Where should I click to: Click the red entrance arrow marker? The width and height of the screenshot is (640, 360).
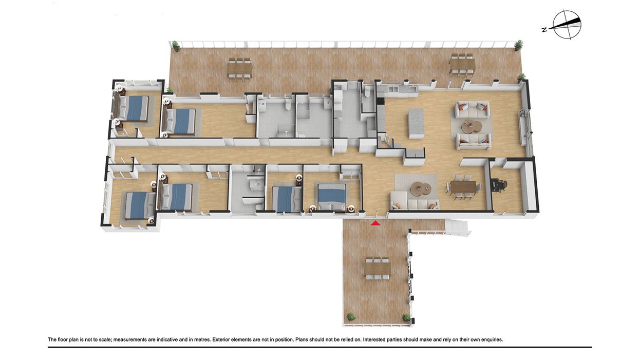click(375, 223)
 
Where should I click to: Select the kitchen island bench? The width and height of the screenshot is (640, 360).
click(416, 123)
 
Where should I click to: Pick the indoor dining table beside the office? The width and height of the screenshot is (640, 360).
click(463, 187)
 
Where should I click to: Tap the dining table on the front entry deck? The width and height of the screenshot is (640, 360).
click(378, 269)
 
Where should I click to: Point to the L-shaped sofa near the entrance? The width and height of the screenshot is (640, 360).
click(415, 201)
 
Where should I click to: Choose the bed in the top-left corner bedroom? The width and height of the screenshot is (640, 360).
click(133, 108)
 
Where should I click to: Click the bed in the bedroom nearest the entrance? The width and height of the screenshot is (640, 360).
click(332, 196)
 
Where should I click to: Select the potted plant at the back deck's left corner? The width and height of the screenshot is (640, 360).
click(175, 46)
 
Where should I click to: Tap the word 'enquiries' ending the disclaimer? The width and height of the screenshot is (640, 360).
click(492, 340)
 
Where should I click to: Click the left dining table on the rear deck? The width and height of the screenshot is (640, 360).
click(240, 69)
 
